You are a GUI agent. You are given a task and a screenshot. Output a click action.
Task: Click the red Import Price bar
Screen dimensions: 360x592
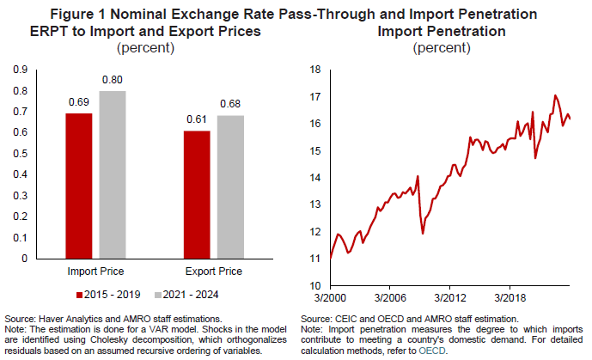[78, 186]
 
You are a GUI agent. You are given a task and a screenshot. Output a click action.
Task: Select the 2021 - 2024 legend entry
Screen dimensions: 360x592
[186, 295]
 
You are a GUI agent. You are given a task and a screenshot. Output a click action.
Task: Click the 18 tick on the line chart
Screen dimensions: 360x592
[314, 70]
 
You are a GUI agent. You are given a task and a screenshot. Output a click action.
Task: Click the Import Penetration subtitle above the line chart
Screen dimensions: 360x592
[441, 31]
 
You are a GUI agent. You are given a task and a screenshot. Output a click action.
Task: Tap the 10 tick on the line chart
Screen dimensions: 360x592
[314, 285]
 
